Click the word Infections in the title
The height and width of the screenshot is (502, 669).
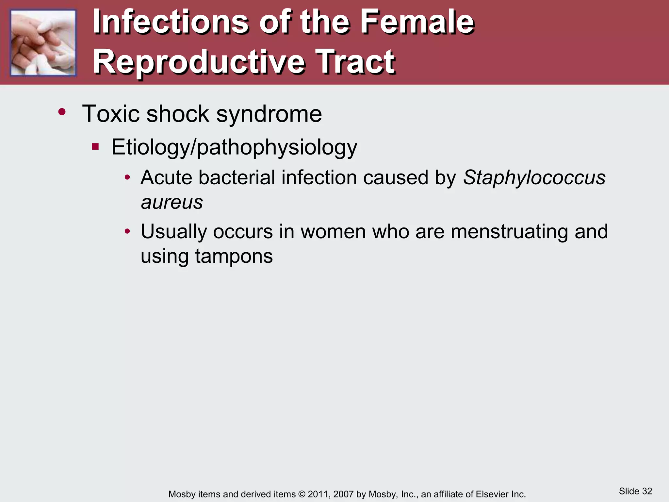[170, 22]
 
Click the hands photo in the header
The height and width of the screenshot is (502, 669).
[43, 43]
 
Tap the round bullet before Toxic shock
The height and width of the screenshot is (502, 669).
[62, 112]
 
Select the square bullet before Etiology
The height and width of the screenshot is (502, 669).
[95, 146]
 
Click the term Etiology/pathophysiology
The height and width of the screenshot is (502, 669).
[234, 147]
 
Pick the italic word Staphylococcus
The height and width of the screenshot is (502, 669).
[534, 178]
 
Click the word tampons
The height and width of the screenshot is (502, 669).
[234, 257]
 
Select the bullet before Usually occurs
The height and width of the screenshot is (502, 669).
[127, 232]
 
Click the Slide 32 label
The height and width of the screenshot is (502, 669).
[635, 491]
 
